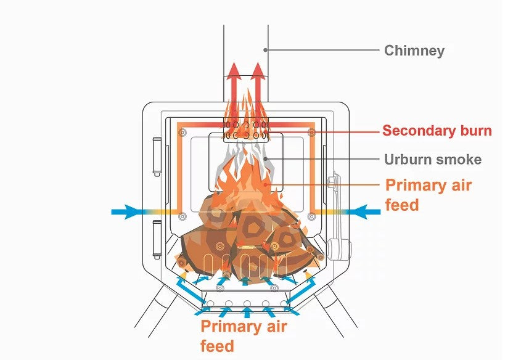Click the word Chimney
(x=414, y=51)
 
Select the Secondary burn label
(x=437, y=131)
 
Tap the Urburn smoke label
(x=432, y=160)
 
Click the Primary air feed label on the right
(x=428, y=194)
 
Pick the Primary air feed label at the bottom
(x=244, y=336)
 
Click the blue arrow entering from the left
(x=129, y=212)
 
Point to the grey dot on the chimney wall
(x=266, y=49)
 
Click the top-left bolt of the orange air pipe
(x=181, y=133)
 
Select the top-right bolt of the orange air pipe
(x=311, y=133)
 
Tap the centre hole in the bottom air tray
(x=247, y=304)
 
